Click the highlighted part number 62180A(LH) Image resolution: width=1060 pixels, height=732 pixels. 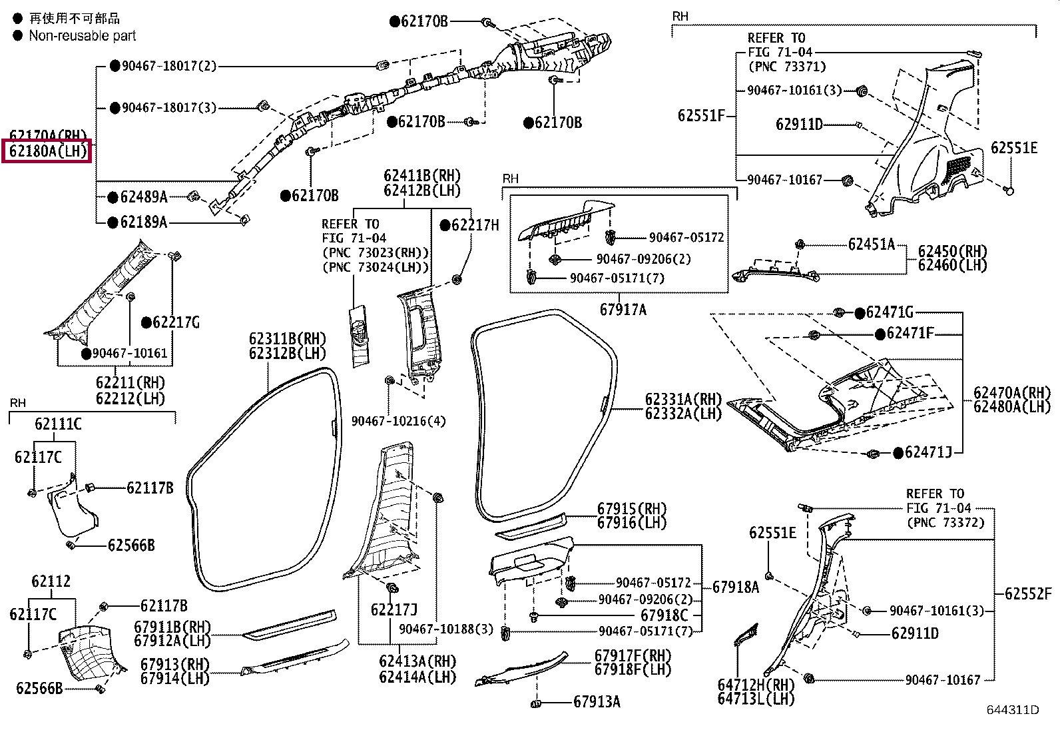click(48, 151)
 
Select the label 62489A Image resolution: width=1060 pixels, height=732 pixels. click(144, 196)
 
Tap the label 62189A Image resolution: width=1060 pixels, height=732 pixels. click(144, 222)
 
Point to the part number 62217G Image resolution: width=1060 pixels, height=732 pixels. click(176, 322)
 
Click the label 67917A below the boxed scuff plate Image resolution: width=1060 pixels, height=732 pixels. click(623, 310)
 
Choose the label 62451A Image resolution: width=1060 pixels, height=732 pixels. click(871, 244)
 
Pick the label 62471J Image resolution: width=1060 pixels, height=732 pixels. click(928, 453)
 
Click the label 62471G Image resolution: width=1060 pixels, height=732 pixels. click(890, 312)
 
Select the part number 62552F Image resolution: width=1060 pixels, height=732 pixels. click(1028, 593)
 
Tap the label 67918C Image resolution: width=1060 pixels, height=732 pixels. click(664, 615)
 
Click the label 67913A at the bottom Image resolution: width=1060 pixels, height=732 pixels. click(597, 702)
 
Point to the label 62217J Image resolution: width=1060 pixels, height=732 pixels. click(394, 610)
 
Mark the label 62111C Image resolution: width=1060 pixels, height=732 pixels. click(58, 424)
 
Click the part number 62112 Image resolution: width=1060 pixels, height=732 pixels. click(51, 581)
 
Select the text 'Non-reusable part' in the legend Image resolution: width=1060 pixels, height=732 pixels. click(83, 35)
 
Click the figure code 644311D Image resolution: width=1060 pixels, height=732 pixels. click(1013, 710)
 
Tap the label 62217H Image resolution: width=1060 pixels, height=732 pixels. click(475, 225)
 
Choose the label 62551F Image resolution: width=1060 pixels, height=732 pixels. click(701, 115)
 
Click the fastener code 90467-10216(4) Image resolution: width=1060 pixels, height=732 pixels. click(398, 421)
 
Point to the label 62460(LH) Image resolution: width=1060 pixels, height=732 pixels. click(953, 265)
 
